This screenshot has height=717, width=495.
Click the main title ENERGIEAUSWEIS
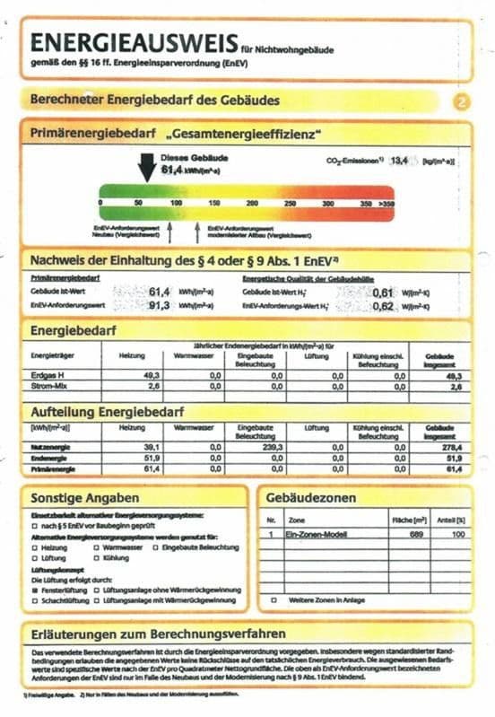point(133,43)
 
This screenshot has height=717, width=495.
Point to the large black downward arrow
point(148,167)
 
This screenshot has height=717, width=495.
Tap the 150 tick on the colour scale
point(214,205)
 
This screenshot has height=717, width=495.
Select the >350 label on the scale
point(386,205)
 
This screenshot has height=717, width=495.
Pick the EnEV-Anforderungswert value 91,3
point(159,305)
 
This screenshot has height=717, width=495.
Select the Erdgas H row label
point(47,375)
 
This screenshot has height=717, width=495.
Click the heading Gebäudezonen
point(310,497)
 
